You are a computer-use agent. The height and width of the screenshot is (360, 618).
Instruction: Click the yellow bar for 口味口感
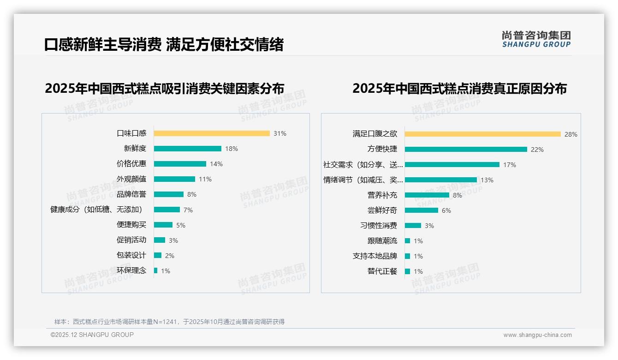pyautogui.click(x=212, y=133)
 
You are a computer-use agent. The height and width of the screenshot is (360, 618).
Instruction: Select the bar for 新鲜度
pyautogui.click(x=188, y=149)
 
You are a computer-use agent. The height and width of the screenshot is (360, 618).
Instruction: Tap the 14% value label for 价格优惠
pyautogui.click(x=216, y=164)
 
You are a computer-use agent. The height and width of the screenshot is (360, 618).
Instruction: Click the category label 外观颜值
pyautogui.click(x=131, y=179)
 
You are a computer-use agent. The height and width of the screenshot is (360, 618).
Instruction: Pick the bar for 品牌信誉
pyautogui.click(x=169, y=194)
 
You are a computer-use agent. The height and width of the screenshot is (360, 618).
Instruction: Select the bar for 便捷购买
pyautogui.click(x=163, y=225)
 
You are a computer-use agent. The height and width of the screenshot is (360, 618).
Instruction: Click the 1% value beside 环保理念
pyautogui.click(x=166, y=271)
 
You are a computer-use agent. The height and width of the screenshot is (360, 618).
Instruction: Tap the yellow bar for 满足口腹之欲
pyautogui.click(x=483, y=134)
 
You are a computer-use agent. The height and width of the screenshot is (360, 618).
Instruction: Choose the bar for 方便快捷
pyautogui.click(x=466, y=150)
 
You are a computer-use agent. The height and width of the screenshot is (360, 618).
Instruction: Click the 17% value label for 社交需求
pyautogui.click(x=510, y=165)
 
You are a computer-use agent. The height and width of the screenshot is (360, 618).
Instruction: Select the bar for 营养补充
pyautogui.click(x=427, y=195)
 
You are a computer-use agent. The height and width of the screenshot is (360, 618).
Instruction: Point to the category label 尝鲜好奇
pyautogui.click(x=382, y=210)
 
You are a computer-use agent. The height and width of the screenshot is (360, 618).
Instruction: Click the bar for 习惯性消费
pyautogui.click(x=413, y=226)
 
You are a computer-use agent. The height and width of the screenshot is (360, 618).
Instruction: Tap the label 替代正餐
pyautogui.click(x=382, y=271)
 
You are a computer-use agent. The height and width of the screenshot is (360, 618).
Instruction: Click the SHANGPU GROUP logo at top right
pyautogui.click(x=536, y=39)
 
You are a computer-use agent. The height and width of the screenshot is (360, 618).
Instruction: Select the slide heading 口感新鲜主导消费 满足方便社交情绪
pyautogui.click(x=164, y=44)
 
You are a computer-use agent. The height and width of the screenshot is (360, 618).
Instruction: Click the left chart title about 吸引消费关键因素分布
pyautogui.click(x=165, y=88)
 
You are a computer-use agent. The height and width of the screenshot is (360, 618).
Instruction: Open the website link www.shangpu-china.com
pyautogui.click(x=537, y=335)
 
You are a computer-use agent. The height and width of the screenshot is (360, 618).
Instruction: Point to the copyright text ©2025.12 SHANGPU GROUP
pyautogui.click(x=92, y=335)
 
